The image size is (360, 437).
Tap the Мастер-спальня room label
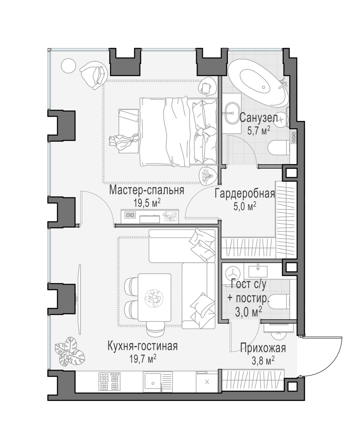point(147,190)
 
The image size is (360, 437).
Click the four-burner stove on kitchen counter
point(110,382)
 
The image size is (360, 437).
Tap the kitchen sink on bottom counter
point(153,382)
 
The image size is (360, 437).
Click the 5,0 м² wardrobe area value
point(245,207)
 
